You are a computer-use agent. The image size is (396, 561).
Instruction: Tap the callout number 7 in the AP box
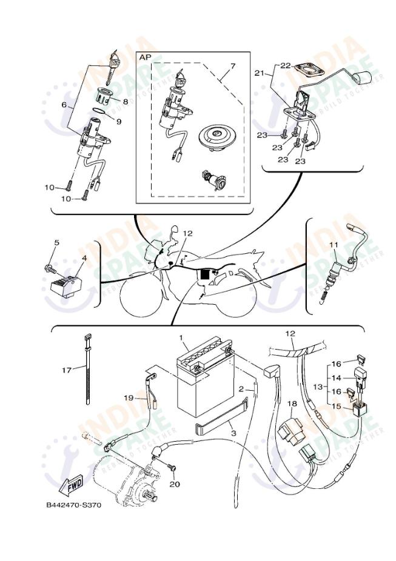pyautogui.click(x=232, y=65)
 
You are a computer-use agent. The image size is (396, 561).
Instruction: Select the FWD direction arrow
pyautogui.click(x=72, y=485)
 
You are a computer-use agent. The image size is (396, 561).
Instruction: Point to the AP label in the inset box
pyautogui.click(x=145, y=57)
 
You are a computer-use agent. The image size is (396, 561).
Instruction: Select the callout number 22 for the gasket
pyautogui.click(x=286, y=65)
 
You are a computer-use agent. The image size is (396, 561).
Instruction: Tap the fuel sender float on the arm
pyautogui.click(x=364, y=78)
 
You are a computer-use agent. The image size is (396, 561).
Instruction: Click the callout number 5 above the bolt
pyautogui.click(x=56, y=243)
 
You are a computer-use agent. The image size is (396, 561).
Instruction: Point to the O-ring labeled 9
pyautogui.click(x=102, y=111)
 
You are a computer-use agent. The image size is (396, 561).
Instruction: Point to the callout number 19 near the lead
pyautogui.click(x=129, y=397)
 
